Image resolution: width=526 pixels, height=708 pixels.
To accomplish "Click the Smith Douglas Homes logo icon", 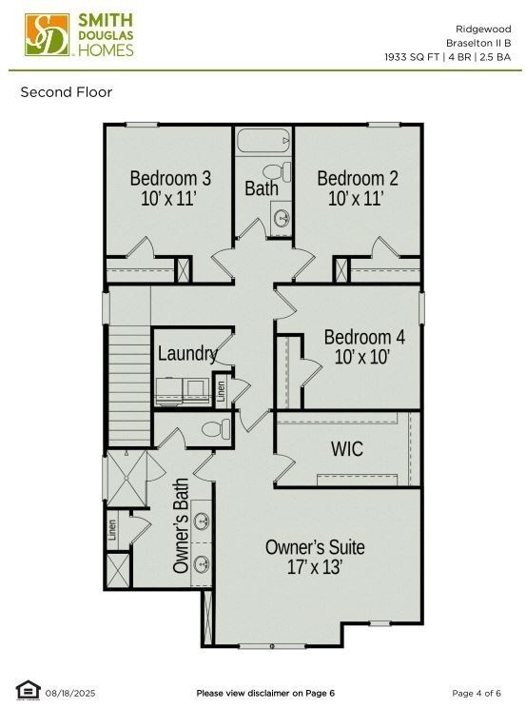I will pyautogui.click(x=46, y=35).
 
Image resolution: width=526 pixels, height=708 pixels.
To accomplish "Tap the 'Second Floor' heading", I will pyautogui.click(x=67, y=92).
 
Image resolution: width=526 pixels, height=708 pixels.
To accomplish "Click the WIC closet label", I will pyautogui.click(x=346, y=448).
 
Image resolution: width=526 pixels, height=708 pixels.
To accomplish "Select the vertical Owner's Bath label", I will pyautogui.click(x=181, y=525).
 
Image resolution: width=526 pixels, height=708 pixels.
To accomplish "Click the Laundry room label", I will pyautogui.click(x=187, y=353).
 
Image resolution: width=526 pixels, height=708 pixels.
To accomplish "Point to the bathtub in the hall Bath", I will pyautogui.click(x=263, y=144).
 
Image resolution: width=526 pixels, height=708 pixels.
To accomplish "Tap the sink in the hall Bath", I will pyautogui.click(x=282, y=218).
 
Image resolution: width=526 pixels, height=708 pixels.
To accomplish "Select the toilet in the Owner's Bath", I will pyautogui.click(x=216, y=429).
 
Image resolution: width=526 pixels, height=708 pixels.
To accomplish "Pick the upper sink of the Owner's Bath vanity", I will pyautogui.click(x=202, y=521).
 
